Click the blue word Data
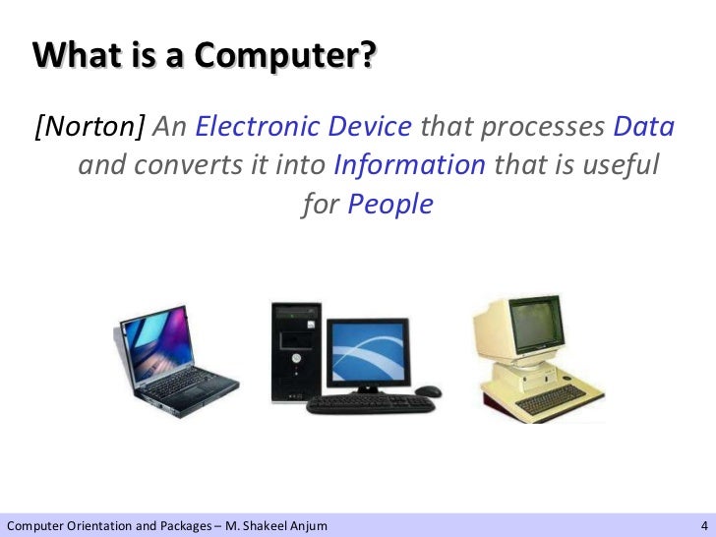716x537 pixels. point(643,127)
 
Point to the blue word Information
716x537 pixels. point(410,165)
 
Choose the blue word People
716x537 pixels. point(390,204)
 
